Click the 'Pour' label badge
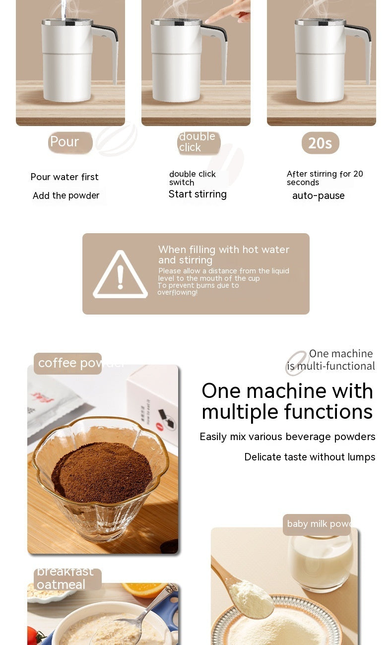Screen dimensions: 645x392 point(70,142)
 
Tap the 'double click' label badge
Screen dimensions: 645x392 point(198,142)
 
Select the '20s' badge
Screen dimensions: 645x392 point(320,143)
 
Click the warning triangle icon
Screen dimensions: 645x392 point(120,275)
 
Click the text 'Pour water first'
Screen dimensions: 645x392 point(65,177)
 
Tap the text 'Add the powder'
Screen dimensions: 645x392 point(66,195)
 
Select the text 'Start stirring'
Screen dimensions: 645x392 point(197,194)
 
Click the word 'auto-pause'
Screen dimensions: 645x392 point(318,195)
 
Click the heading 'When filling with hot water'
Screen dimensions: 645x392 point(223,250)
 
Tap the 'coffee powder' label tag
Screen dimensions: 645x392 point(68,363)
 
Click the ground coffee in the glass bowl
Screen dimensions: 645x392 point(101,471)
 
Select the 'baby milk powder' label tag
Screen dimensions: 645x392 point(317,524)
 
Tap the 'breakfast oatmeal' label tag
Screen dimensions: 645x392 point(67,579)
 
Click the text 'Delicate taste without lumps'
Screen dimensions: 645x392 point(310,457)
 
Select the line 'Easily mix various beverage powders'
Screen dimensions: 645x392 point(287,437)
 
